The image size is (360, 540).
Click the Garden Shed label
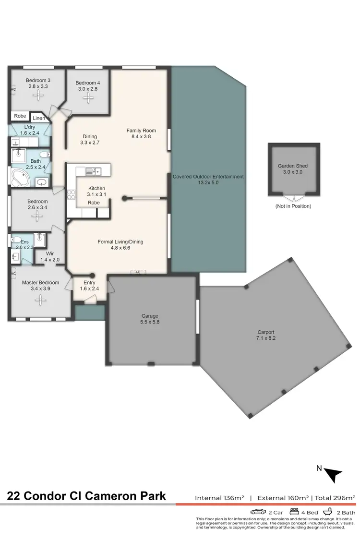[293, 169]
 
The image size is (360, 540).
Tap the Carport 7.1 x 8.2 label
[268, 335]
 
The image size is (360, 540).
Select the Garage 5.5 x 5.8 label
[150, 319]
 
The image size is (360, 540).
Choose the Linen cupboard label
[39, 118]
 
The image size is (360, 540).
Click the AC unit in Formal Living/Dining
[137, 272]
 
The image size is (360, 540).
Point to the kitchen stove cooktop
[72, 194]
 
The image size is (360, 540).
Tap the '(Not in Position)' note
[293, 206]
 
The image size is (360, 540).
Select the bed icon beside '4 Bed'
[294, 511]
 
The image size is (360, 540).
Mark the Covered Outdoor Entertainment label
[208, 180]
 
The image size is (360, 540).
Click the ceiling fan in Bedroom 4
[88, 98]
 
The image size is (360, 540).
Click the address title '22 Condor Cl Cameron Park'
[86, 495]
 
